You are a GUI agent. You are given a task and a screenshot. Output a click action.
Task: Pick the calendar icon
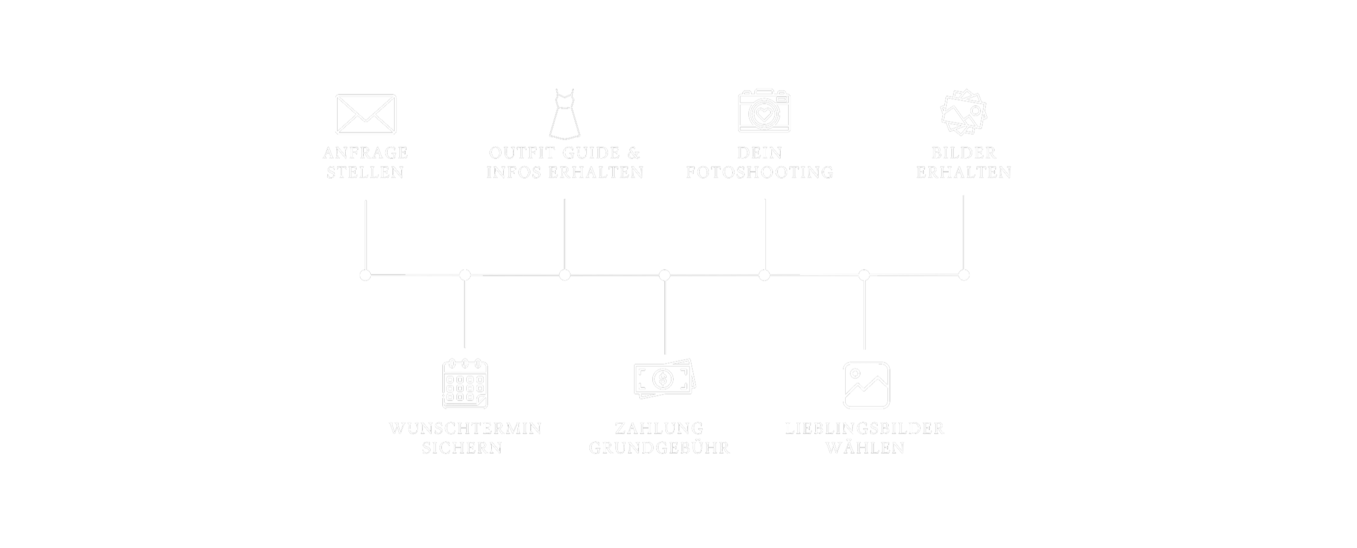coord(465,384)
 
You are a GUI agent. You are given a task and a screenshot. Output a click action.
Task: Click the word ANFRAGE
coord(365,153)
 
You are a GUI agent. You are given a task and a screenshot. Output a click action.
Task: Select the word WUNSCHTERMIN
coord(465,429)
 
